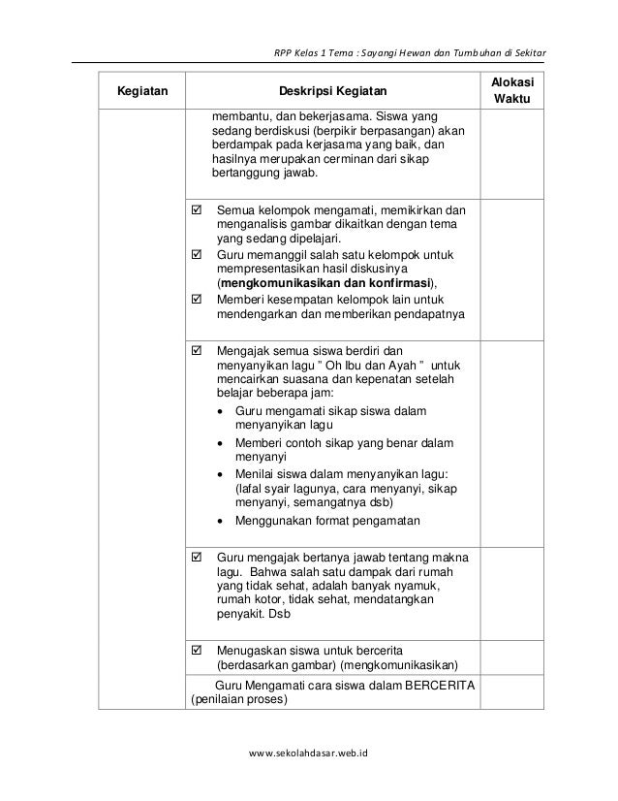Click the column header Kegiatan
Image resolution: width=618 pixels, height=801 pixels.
click(141, 92)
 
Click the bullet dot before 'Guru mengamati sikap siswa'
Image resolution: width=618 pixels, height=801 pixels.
click(225, 412)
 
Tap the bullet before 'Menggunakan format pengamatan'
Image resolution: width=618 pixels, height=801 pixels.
click(225, 521)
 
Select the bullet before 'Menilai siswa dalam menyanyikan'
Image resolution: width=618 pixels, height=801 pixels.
click(225, 474)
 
